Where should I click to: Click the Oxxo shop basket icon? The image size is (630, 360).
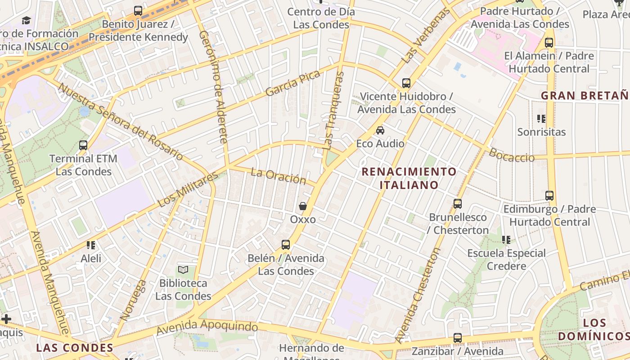point(303,206)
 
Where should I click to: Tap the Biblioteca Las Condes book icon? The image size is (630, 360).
point(183,270)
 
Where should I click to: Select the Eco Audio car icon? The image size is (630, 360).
point(380,130)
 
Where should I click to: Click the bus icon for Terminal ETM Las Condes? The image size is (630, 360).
point(83,145)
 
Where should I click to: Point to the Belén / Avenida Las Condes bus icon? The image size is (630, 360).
point(286,245)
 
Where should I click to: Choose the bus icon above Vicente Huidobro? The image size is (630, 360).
point(406,83)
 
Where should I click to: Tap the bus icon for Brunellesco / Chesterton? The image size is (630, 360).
point(458,204)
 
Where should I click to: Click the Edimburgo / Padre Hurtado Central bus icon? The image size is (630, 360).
point(549,196)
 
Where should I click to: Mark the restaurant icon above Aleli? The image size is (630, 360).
point(91,245)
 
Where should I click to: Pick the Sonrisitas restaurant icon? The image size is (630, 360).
point(541,119)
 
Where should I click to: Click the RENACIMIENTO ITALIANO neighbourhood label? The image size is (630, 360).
point(409,178)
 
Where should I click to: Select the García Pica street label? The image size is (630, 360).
point(292,83)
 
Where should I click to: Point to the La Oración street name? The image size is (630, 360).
point(278,175)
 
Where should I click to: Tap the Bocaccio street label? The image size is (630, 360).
point(512,155)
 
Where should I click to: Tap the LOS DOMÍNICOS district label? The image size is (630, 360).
point(593,329)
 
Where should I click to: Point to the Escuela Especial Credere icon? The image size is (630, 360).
point(507,240)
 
